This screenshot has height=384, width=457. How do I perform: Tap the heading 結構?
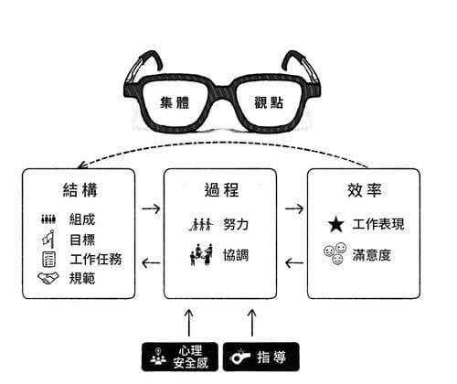81,191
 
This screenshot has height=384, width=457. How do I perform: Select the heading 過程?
221,191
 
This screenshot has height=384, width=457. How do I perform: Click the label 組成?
82,219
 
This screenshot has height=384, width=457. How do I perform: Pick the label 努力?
236,224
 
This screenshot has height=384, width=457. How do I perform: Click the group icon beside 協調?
201,253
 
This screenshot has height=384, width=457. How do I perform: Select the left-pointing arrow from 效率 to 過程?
294,264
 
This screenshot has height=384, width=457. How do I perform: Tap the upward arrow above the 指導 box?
252,321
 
